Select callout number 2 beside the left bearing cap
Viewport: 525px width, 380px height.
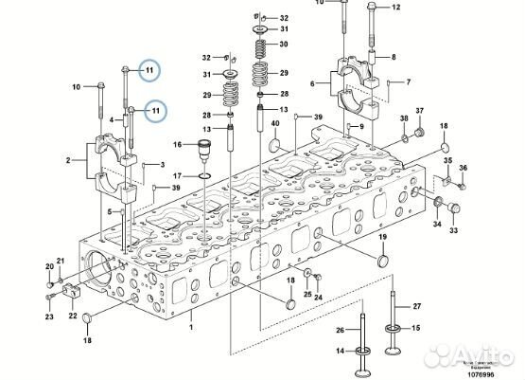click(69, 162)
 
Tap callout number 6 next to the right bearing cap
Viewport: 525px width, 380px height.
click(312, 84)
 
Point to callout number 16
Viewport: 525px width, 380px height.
click(176, 144)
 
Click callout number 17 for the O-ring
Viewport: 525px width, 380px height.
click(176, 177)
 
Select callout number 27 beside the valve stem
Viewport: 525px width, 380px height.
click(416, 307)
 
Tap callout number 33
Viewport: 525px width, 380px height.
click(453, 230)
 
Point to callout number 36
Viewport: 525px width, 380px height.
click(464, 169)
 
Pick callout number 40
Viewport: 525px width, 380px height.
click(275, 124)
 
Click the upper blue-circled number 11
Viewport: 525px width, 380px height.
click(147, 69)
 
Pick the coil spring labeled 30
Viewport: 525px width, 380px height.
click(258, 45)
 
